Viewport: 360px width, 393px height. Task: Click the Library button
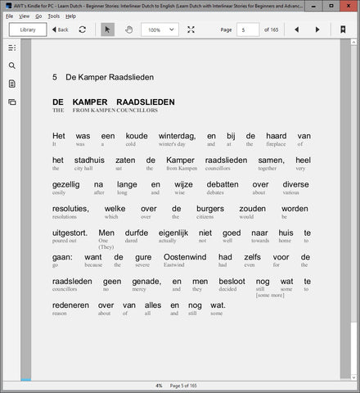pyautogui.click(x=28, y=29)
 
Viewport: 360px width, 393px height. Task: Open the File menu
pyautogui.click(x=9, y=16)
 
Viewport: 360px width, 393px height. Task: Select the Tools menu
pyautogui.click(x=53, y=16)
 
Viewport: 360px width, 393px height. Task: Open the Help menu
pyautogui.click(x=71, y=16)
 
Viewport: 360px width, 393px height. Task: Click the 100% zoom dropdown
pyautogui.click(x=160, y=29)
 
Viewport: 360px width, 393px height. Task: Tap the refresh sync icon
pyautogui.click(x=83, y=29)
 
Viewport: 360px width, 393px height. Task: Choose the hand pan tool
pyautogui.click(x=128, y=29)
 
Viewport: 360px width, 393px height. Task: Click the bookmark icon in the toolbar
pyautogui.click(x=344, y=29)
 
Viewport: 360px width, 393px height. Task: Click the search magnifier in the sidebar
pyautogui.click(x=11, y=65)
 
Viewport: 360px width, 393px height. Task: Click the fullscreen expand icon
pyautogui.click(x=191, y=29)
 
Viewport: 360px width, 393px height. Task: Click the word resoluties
pyautogui.click(x=70, y=208)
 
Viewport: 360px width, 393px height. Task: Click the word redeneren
pyautogui.click(x=70, y=305)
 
